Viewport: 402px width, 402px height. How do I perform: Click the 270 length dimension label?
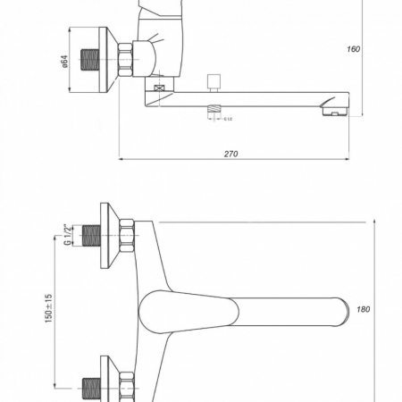[x=230, y=154]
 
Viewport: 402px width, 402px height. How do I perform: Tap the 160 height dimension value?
[x=355, y=49]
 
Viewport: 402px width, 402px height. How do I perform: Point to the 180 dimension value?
[x=363, y=309]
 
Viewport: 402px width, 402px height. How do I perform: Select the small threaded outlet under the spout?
[x=214, y=111]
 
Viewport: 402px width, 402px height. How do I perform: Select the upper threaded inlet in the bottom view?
[x=89, y=236]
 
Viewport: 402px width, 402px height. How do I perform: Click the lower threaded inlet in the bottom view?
[x=89, y=389]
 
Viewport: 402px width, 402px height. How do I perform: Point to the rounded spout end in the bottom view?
[x=338, y=312]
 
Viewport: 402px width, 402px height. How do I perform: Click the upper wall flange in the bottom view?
[x=108, y=233]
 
